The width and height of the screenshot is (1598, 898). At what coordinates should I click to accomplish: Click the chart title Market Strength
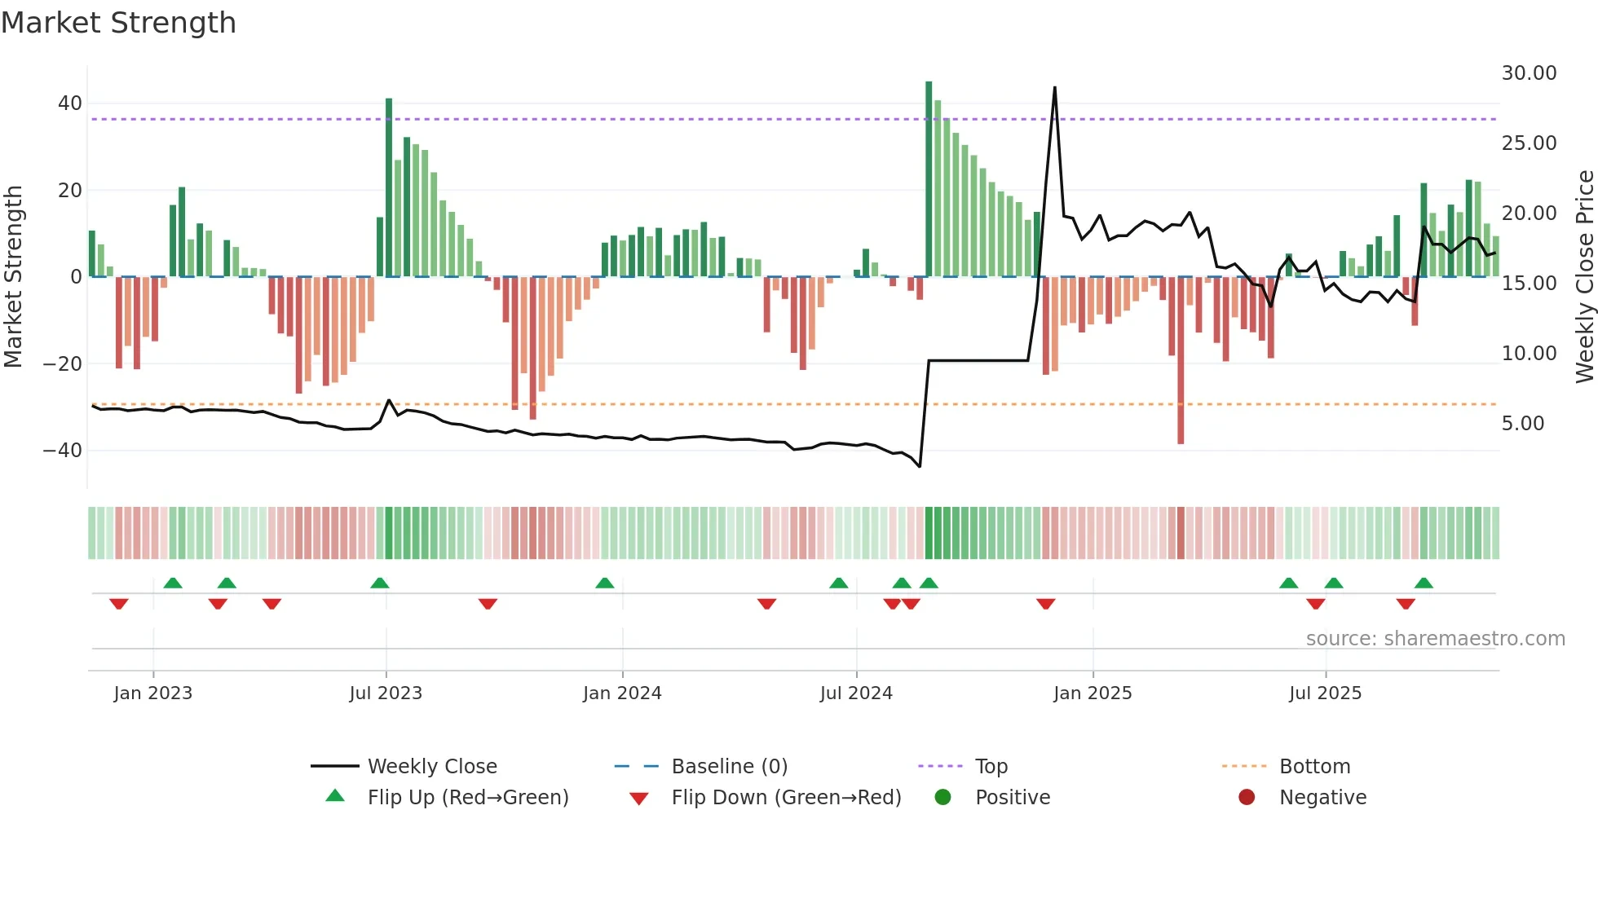click(x=118, y=23)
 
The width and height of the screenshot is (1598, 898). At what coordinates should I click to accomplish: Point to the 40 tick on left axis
click(x=70, y=103)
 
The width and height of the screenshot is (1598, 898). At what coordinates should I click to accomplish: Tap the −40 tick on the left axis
click(x=63, y=450)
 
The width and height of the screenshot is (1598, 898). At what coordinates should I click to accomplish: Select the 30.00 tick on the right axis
click(x=1529, y=73)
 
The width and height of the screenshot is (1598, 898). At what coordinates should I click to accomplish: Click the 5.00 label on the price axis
click(x=1522, y=424)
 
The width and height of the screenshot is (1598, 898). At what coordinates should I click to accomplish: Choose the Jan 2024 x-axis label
click(x=622, y=693)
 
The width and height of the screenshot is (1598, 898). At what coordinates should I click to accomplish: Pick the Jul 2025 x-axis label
click(x=1325, y=693)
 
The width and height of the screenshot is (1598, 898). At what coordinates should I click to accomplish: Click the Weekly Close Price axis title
click(x=1584, y=277)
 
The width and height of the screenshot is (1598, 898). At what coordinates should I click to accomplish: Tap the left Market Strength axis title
click(x=13, y=277)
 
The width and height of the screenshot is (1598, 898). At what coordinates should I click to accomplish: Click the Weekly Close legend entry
click(x=431, y=767)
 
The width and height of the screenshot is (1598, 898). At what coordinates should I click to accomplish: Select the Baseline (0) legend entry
click(x=729, y=767)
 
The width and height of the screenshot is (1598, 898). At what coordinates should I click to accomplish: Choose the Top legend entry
click(x=991, y=767)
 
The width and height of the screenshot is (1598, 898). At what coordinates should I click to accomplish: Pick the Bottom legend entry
click(x=1314, y=767)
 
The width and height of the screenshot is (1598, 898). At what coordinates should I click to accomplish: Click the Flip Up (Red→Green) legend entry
click(x=467, y=798)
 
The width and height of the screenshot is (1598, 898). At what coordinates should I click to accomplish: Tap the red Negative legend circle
click(x=1247, y=798)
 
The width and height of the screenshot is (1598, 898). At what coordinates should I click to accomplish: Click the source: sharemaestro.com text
click(x=1435, y=639)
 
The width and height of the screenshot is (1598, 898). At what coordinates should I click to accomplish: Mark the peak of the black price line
click(x=1054, y=87)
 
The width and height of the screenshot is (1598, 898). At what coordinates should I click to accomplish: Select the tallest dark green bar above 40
click(x=929, y=179)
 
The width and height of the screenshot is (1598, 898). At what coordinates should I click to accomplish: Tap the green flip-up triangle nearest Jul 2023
click(x=380, y=583)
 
